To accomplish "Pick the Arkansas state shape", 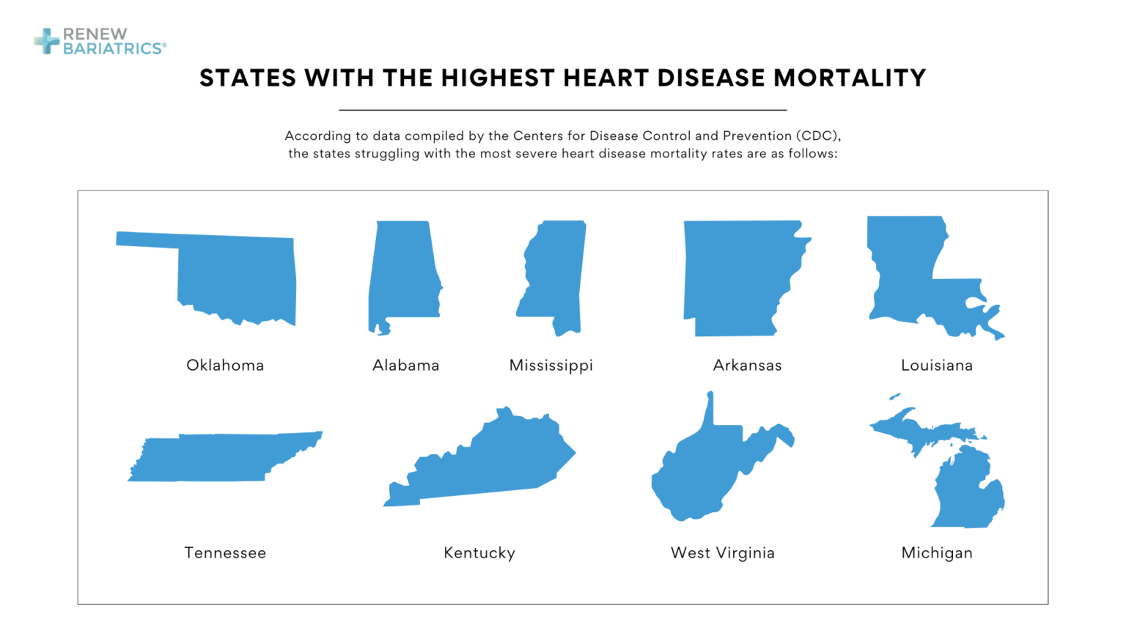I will pyautogui.click(x=733, y=278).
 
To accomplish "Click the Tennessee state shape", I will pyautogui.click(x=220, y=457).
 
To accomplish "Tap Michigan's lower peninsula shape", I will pyautogui.click(x=964, y=491).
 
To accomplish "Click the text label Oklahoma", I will pyautogui.click(x=225, y=365).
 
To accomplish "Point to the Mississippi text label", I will pyautogui.click(x=551, y=365).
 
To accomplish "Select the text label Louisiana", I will pyautogui.click(x=936, y=365).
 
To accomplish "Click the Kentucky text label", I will pyautogui.click(x=479, y=552).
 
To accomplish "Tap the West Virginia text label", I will pyautogui.click(x=722, y=552).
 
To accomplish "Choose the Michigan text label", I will pyautogui.click(x=936, y=552).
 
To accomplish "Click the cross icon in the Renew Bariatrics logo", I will pyautogui.click(x=47, y=41).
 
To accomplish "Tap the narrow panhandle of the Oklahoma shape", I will pyautogui.click(x=147, y=240).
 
